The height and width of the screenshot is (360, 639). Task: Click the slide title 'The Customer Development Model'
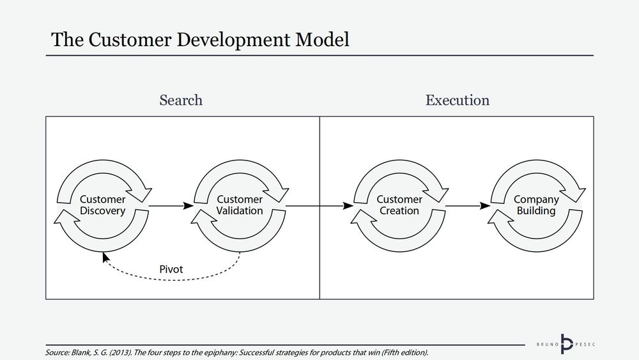[x=200, y=40]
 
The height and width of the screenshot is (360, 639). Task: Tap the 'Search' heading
[x=181, y=100]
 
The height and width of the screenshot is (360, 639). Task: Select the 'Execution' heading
[x=458, y=100]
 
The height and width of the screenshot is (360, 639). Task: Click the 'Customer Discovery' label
[x=102, y=205]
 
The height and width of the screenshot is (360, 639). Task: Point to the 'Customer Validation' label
[x=240, y=205]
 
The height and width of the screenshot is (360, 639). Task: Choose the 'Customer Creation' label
[x=399, y=205]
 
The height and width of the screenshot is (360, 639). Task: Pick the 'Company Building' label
[x=536, y=205]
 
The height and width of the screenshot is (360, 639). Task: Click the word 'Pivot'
[x=171, y=269]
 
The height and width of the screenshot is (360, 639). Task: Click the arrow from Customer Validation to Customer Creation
[x=319, y=206]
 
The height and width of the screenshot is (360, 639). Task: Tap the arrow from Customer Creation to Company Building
[x=468, y=206]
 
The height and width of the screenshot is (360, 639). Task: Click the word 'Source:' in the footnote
[x=58, y=353]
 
